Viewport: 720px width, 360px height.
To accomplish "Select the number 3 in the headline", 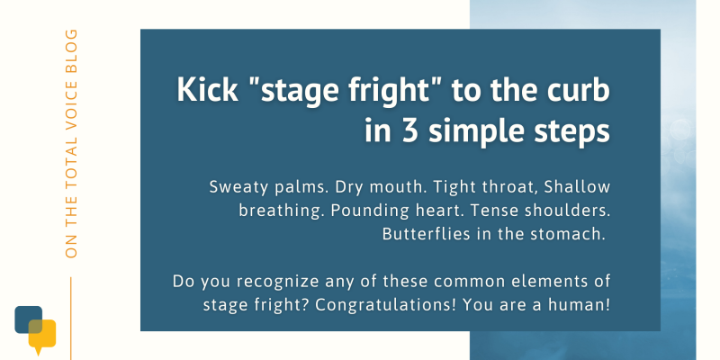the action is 408,130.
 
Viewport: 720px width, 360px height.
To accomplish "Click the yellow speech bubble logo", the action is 42,336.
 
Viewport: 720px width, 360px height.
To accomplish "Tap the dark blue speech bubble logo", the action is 29,319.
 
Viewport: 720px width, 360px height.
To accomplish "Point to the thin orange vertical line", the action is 71,319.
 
